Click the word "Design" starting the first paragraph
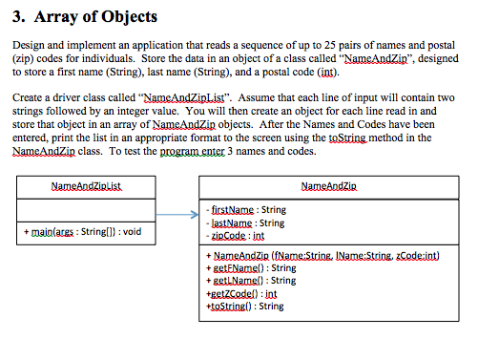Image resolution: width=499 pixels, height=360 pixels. point(27,46)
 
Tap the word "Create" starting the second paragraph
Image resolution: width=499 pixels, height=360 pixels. point(27,97)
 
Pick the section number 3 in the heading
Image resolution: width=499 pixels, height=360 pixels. point(15,17)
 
